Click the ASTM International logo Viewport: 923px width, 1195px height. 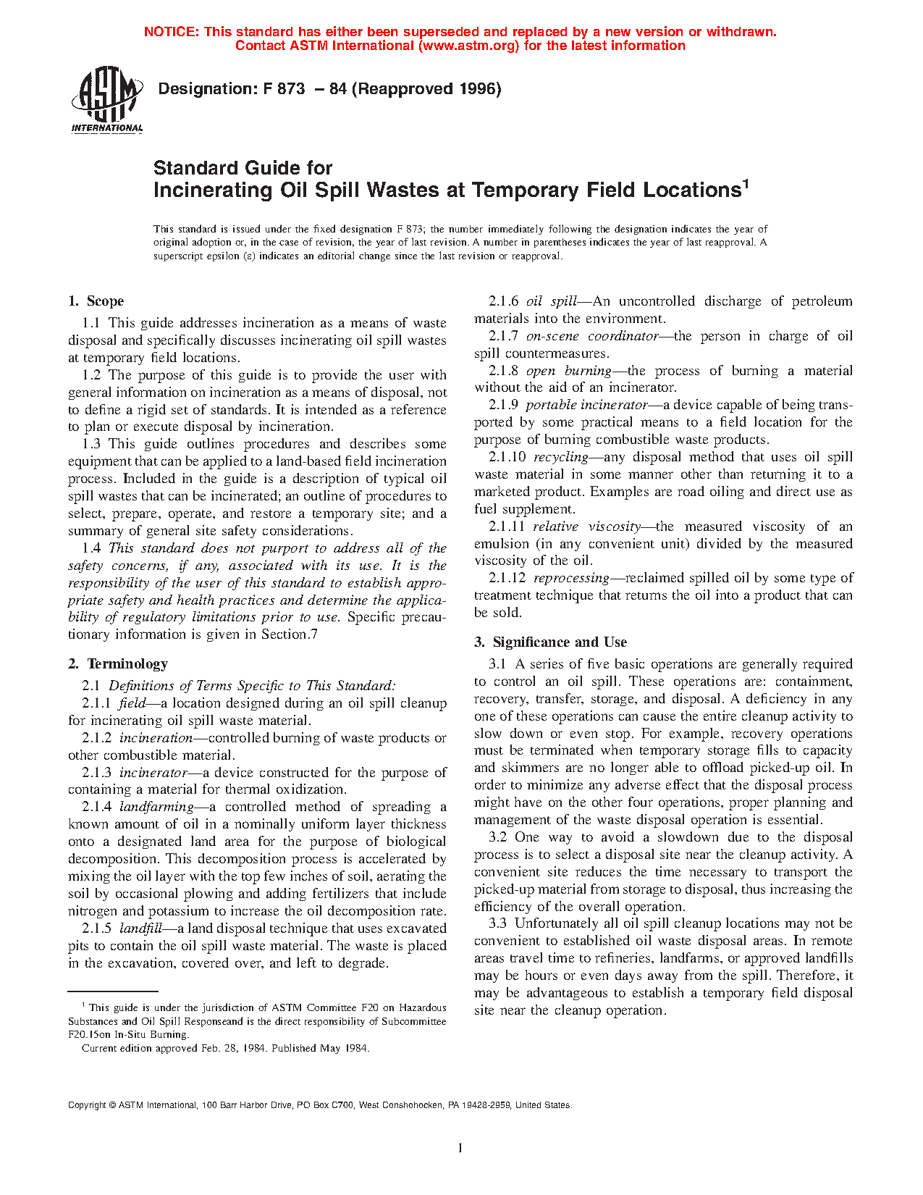click(106, 100)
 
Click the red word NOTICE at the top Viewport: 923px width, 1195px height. click(171, 32)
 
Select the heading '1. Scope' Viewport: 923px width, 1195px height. click(96, 301)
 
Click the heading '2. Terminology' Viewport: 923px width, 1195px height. click(118, 664)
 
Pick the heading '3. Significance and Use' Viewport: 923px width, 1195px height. click(550, 642)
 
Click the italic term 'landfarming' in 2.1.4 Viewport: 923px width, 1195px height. click(156, 807)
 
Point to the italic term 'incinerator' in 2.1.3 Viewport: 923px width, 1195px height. click(153, 773)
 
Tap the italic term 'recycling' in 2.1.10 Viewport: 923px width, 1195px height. click(560, 457)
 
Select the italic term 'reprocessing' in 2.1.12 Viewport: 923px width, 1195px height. click(571, 578)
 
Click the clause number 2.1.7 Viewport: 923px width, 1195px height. click(503, 336)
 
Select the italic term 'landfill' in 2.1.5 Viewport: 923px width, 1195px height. click(140, 928)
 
